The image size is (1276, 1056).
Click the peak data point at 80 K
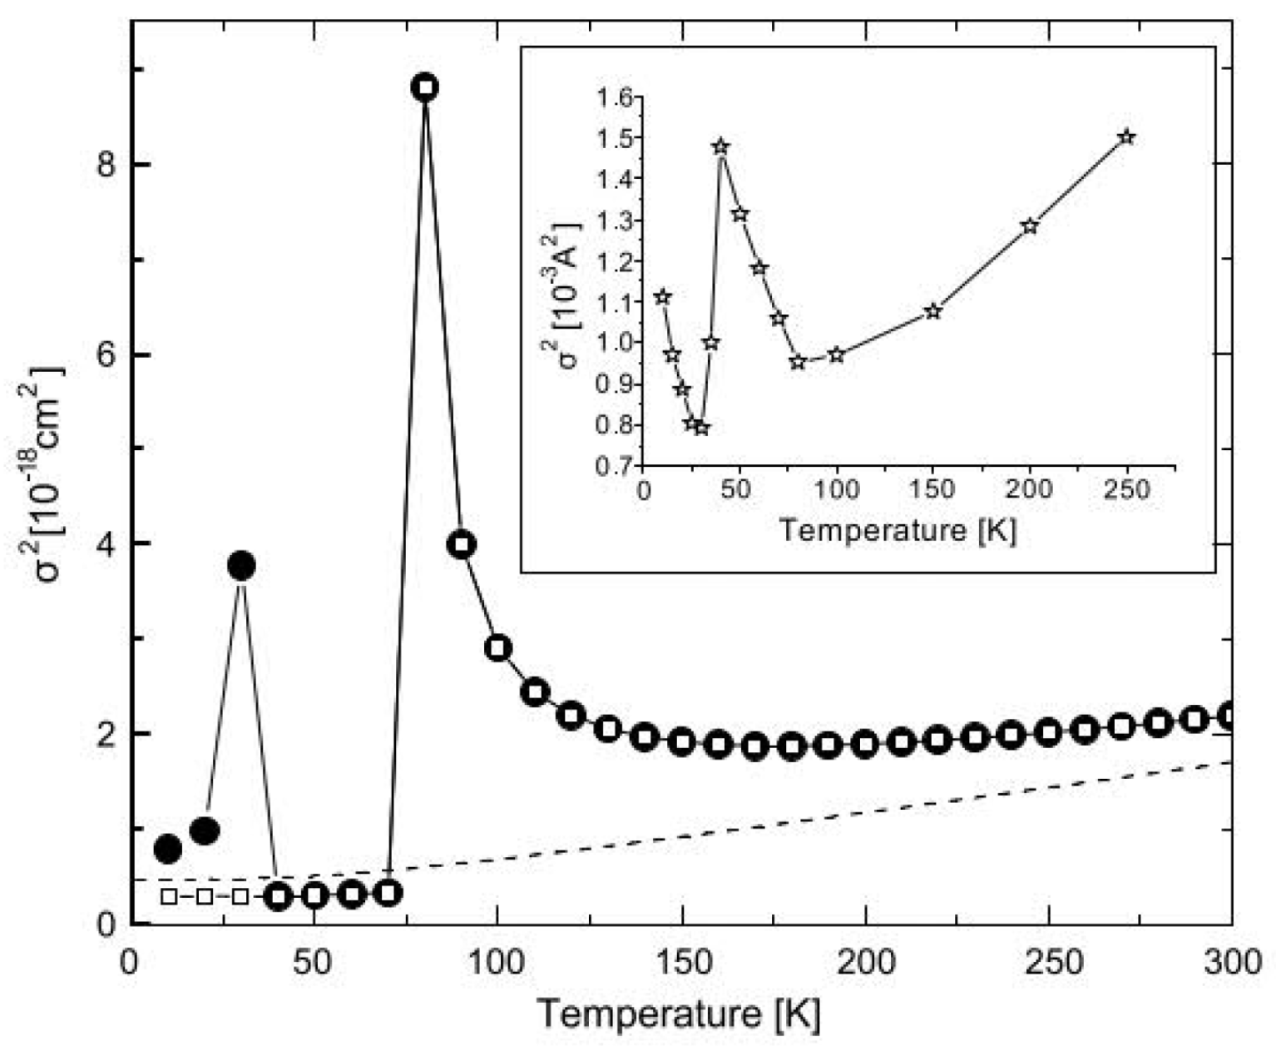tap(424, 87)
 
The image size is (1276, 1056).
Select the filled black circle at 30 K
tap(241, 567)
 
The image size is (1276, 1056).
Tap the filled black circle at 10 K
tap(168, 849)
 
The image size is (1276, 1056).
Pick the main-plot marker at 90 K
tap(462, 546)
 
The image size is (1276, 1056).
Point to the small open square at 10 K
tap(168, 897)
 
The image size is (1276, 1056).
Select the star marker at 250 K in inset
tap(1126, 136)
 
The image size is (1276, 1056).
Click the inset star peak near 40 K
tap(720, 147)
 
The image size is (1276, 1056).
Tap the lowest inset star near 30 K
tap(701, 428)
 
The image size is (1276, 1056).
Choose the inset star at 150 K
tap(932, 311)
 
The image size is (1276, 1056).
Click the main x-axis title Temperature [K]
tap(678, 1014)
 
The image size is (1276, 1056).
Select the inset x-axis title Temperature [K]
tap(898, 530)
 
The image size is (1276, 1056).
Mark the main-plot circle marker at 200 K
tap(866, 744)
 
